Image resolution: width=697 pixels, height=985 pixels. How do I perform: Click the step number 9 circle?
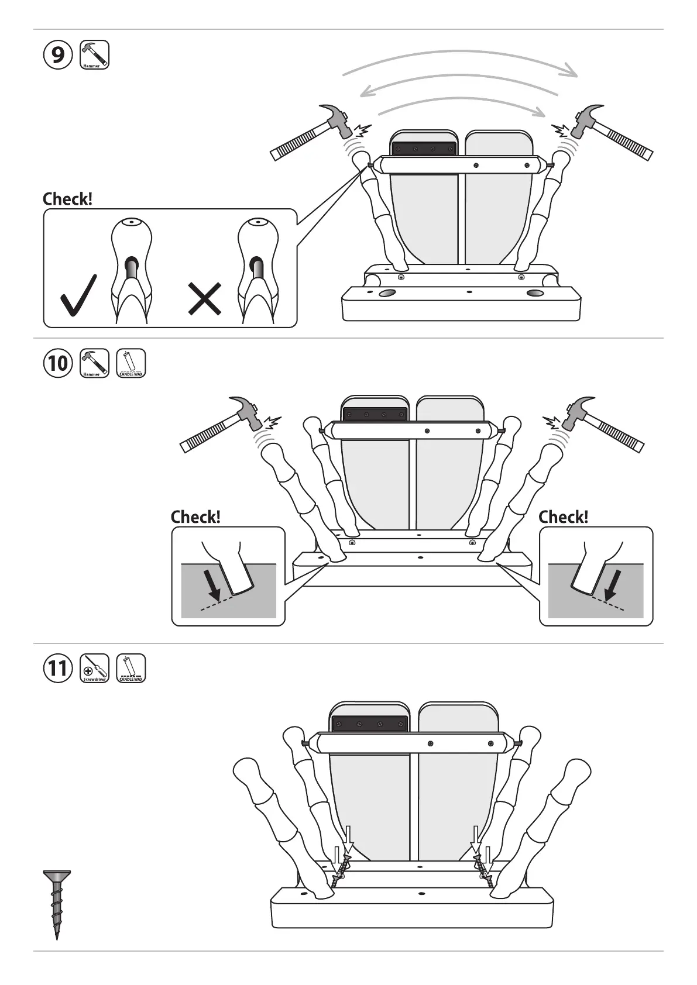pyautogui.click(x=58, y=55)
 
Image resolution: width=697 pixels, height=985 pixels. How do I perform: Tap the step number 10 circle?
pyautogui.click(x=58, y=363)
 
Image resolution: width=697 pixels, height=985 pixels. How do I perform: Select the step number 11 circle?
pyautogui.click(x=58, y=668)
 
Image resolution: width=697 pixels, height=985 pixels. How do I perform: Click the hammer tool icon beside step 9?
pyautogui.click(x=94, y=55)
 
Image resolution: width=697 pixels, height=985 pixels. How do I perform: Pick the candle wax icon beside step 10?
pyautogui.click(x=131, y=363)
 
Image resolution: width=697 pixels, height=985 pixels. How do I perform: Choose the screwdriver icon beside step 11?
pyautogui.click(x=94, y=668)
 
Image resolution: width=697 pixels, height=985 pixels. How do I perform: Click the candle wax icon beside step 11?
pyautogui.click(x=131, y=668)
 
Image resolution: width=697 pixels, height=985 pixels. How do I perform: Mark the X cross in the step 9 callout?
pyautogui.click(x=205, y=298)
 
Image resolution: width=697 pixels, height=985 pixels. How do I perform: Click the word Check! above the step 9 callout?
pyautogui.click(x=67, y=199)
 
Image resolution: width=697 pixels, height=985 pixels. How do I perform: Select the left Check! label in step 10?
pyautogui.click(x=195, y=517)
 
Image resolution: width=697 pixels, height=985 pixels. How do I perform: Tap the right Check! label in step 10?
pyautogui.click(x=563, y=517)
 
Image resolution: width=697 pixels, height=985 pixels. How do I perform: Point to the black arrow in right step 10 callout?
pyautogui.click(x=613, y=583)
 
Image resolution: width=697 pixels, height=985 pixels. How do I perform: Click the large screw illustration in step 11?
pyautogui.click(x=57, y=901)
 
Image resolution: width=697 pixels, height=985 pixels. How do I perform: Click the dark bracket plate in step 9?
pyautogui.click(x=424, y=149)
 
